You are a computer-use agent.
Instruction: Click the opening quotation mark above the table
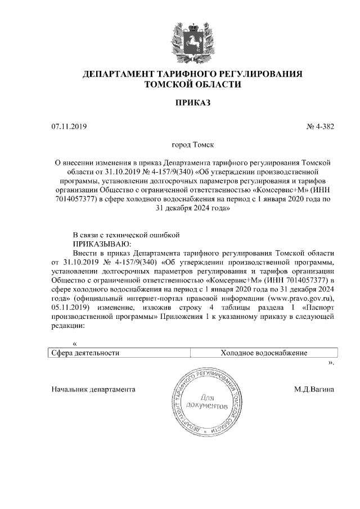[x=75, y=343]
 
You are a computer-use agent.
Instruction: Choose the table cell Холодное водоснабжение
[x=264, y=353]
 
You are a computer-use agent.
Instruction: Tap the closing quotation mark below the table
[x=331, y=363]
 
